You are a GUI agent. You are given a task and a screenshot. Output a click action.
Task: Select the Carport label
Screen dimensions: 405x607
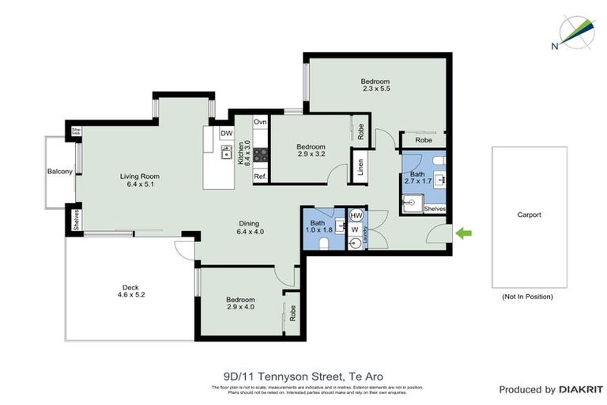[x=529, y=214]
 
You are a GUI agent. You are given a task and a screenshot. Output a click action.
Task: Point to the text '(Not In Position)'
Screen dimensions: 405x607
[x=527, y=297]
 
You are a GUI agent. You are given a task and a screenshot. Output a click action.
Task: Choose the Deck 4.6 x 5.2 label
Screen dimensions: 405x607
[x=130, y=290]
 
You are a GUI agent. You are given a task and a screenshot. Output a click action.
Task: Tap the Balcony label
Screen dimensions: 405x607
[x=60, y=171]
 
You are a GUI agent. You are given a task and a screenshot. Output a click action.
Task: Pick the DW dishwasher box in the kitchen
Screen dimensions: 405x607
[x=227, y=134]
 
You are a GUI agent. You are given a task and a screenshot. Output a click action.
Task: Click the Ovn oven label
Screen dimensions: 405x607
[x=260, y=123]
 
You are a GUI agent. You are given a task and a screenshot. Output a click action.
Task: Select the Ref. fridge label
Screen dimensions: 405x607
[x=260, y=177]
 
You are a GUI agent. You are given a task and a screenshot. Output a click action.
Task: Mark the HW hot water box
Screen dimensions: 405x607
[x=356, y=215]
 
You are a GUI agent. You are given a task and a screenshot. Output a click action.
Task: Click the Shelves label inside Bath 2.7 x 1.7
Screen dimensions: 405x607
[x=435, y=209]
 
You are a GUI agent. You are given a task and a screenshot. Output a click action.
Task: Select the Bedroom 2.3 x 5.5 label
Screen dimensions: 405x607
[x=375, y=86]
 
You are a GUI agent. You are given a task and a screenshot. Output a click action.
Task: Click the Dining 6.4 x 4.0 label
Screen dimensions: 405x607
[x=250, y=228]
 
